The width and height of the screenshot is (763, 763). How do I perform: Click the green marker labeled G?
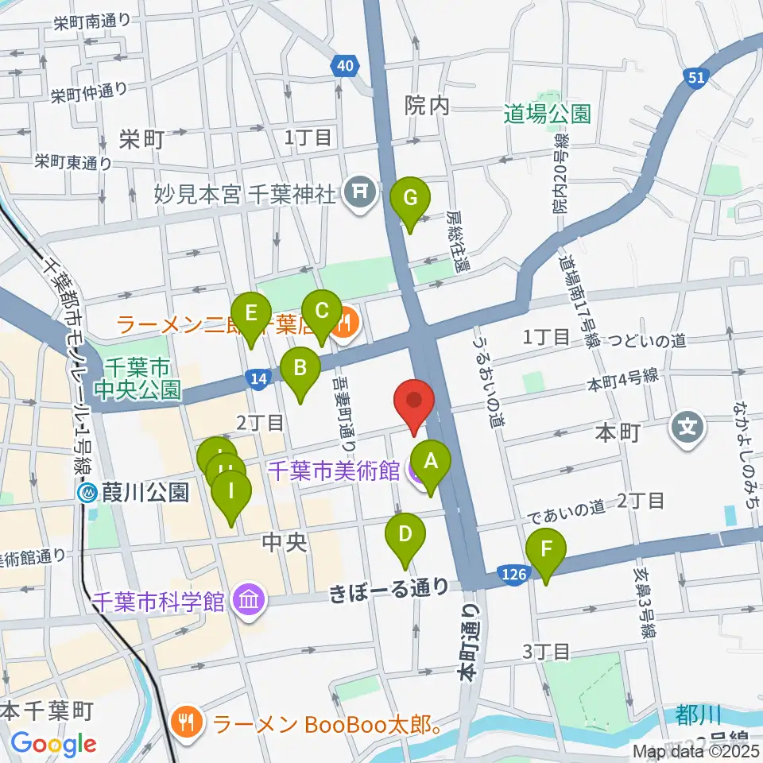click(x=410, y=198)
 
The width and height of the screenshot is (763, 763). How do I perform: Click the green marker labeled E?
click(x=251, y=313)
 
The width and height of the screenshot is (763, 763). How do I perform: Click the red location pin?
click(x=414, y=401)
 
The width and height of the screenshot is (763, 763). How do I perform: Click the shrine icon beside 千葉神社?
click(x=359, y=192)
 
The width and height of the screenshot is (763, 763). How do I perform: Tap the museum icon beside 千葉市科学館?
click(x=247, y=601)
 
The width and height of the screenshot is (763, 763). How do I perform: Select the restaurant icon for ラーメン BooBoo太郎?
click(x=188, y=722)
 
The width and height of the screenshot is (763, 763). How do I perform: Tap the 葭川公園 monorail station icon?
click(x=88, y=494)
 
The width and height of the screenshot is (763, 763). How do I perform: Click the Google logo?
click(x=53, y=744)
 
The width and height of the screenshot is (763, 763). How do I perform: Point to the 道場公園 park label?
click(x=548, y=114)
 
